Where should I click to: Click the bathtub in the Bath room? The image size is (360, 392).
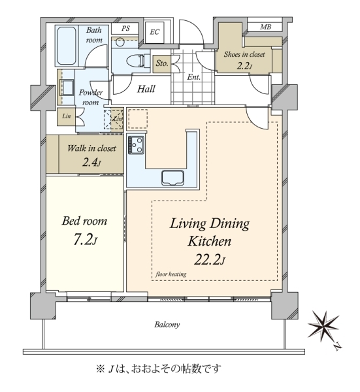[66, 46]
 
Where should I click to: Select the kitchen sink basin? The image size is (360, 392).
[172, 178]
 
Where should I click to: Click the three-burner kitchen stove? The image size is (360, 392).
[136, 145]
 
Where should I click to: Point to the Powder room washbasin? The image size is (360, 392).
[67, 88]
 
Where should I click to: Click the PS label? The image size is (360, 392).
[125, 28]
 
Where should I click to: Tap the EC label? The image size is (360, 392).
[154, 32]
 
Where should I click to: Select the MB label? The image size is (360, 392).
[265, 27]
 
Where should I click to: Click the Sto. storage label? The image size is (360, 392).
[162, 63]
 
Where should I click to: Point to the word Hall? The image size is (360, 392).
[146, 89]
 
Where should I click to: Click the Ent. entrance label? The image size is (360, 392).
[194, 77]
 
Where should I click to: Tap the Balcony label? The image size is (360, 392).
[167, 325]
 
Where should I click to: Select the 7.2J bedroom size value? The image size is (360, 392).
[85, 240]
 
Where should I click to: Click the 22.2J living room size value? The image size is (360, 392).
[210, 260]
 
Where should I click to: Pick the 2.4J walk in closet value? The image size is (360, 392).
[91, 163]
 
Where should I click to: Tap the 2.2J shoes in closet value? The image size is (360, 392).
[244, 66]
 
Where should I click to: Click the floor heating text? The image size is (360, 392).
[171, 274]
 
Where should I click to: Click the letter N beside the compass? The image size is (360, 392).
[338, 346]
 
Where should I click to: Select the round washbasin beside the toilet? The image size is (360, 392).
[120, 42]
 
